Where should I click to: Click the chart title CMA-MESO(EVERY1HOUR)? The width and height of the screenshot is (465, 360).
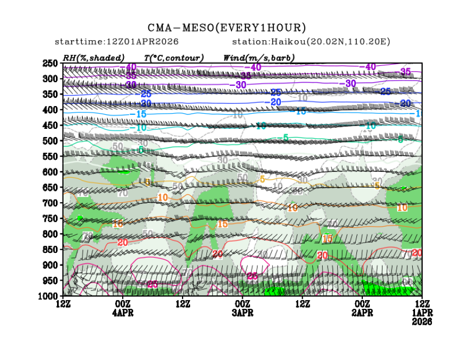pyautogui.click(x=227, y=28)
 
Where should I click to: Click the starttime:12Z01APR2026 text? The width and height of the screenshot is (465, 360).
pyautogui.click(x=117, y=42)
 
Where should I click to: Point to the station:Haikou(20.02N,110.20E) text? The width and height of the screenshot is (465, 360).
pyautogui.click(x=311, y=42)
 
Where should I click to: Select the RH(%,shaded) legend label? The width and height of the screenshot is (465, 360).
pyautogui.click(x=94, y=58)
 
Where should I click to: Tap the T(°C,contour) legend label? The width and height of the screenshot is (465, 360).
pyautogui.click(x=174, y=58)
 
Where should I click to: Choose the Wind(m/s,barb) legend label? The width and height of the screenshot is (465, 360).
pyautogui.click(x=259, y=58)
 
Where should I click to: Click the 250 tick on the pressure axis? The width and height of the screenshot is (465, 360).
pyautogui.click(x=50, y=63)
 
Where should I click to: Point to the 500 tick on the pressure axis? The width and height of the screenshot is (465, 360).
pyautogui.click(x=50, y=141)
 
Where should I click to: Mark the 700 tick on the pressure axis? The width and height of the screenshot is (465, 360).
pyautogui.click(x=50, y=203)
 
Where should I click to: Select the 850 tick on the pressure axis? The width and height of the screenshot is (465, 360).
pyautogui.click(x=50, y=250)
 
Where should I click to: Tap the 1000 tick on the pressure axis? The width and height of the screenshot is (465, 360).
pyautogui.click(x=48, y=296)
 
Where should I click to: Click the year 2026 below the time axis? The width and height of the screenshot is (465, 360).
pyautogui.click(x=422, y=321)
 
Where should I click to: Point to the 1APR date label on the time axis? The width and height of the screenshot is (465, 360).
pyautogui.click(x=422, y=313)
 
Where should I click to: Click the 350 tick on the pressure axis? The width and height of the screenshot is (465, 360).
pyautogui.click(x=50, y=94)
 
